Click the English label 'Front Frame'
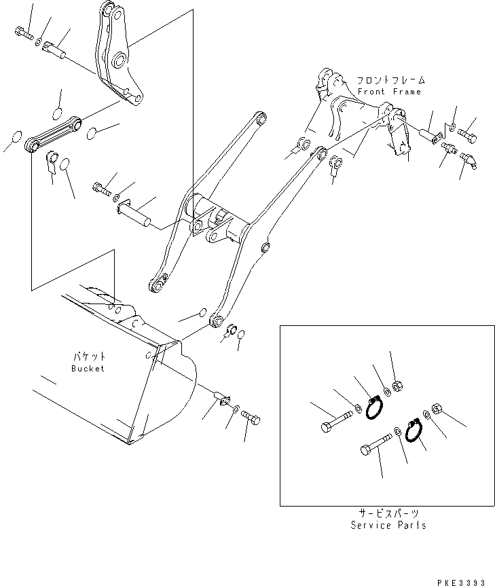pyautogui.click(x=389, y=92)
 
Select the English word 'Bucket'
pyautogui.click(x=88, y=368)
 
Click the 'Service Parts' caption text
pyautogui.click(x=388, y=526)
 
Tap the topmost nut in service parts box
pyautogui.click(x=399, y=387)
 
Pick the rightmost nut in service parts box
pyautogui.click(x=437, y=410)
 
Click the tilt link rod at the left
pyautogui.click(x=54, y=134)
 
